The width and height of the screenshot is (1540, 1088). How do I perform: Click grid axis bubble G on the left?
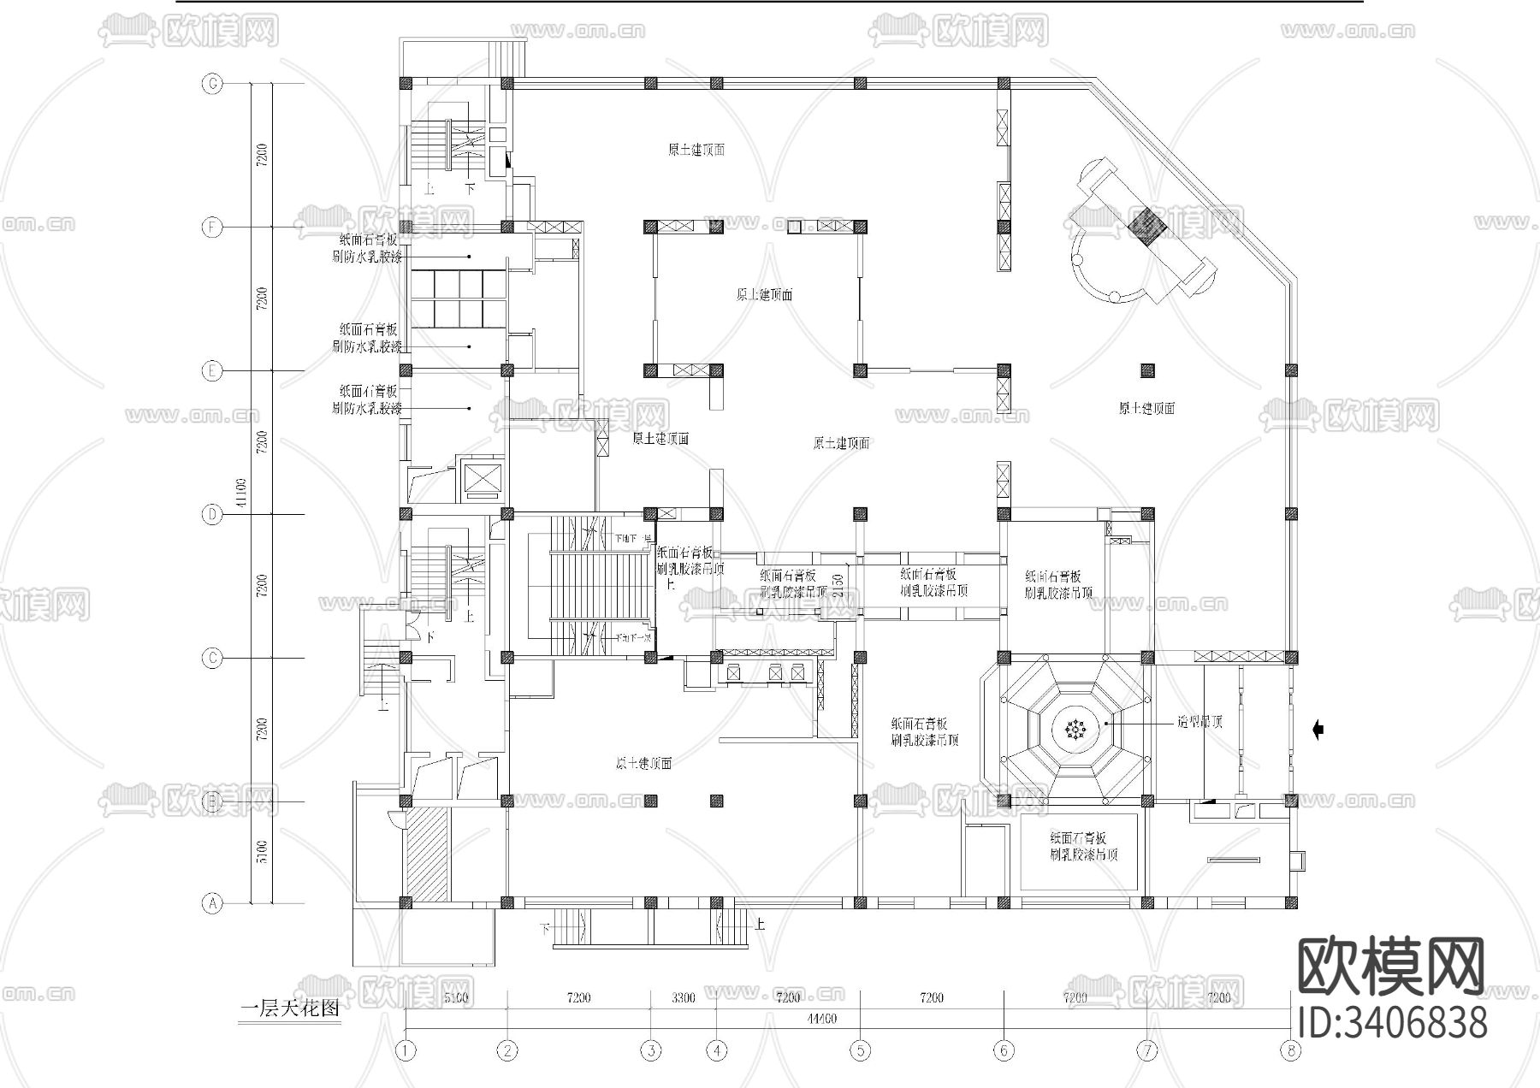(x=211, y=84)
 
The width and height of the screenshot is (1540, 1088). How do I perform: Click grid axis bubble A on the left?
(x=211, y=902)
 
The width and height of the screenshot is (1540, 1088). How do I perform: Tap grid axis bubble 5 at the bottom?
(x=860, y=1050)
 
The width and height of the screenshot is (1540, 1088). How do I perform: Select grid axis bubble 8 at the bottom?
(x=1290, y=1050)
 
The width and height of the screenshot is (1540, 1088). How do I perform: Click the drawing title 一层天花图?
(x=290, y=1008)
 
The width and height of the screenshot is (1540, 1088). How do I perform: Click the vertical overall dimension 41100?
(x=241, y=493)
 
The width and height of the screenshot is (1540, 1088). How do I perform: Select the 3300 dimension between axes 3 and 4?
(x=683, y=997)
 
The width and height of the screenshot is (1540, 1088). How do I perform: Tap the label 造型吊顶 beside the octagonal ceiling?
(x=1199, y=722)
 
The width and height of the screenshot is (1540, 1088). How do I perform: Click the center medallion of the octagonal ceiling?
(x=1075, y=729)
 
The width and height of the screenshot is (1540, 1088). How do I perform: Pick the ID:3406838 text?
(x=1393, y=1023)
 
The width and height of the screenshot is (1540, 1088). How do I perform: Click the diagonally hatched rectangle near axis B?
(x=426, y=853)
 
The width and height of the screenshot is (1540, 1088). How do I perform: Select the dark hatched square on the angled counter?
(x=1147, y=226)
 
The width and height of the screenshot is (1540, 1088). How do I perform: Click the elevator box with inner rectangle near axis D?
(x=482, y=480)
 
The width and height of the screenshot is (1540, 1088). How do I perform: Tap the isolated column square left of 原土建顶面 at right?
(x=1147, y=370)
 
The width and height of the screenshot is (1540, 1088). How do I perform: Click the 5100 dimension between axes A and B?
(x=263, y=852)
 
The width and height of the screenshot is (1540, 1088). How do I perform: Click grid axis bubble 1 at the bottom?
(x=406, y=1050)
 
